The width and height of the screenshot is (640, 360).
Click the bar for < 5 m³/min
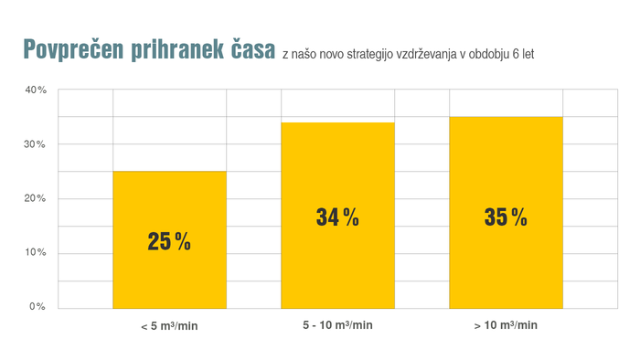click(x=169, y=274)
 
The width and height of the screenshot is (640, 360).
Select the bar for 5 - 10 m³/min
click(x=337, y=265)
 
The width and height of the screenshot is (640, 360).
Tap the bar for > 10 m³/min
click(x=506, y=265)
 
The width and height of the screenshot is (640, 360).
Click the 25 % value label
click(x=169, y=241)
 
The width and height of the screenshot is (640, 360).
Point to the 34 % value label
click(x=337, y=217)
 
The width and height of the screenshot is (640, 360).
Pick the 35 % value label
click(x=506, y=217)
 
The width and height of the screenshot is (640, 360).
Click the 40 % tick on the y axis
click(x=36, y=90)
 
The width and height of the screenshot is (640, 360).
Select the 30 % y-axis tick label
click(x=36, y=144)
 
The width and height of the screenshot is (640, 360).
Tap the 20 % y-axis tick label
click(x=36, y=198)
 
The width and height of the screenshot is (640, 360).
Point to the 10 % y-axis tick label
click(x=36, y=252)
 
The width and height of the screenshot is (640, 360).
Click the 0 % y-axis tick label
click(x=38, y=306)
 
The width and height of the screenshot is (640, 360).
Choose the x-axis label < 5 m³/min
click(x=169, y=326)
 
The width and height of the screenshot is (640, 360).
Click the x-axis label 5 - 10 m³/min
click(x=337, y=325)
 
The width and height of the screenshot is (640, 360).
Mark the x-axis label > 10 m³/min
click(x=506, y=325)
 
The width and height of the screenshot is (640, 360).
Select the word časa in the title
click(x=248, y=50)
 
